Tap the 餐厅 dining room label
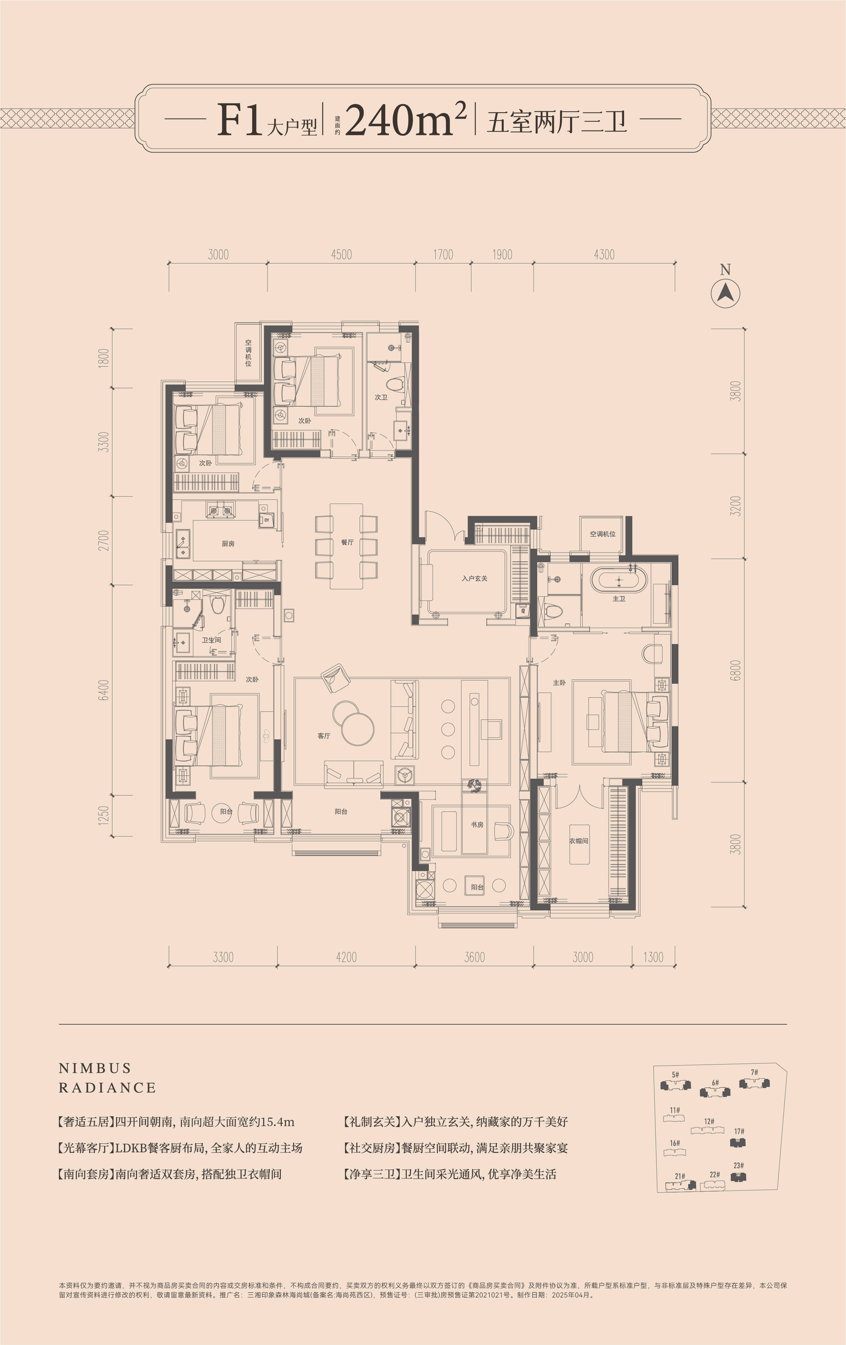click(347, 542)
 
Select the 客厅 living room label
click(323, 736)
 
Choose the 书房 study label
click(477, 825)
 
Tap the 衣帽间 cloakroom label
click(579, 841)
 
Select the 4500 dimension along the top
click(341, 255)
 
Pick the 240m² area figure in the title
click(406, 119)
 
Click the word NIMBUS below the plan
click(95, 1069)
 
